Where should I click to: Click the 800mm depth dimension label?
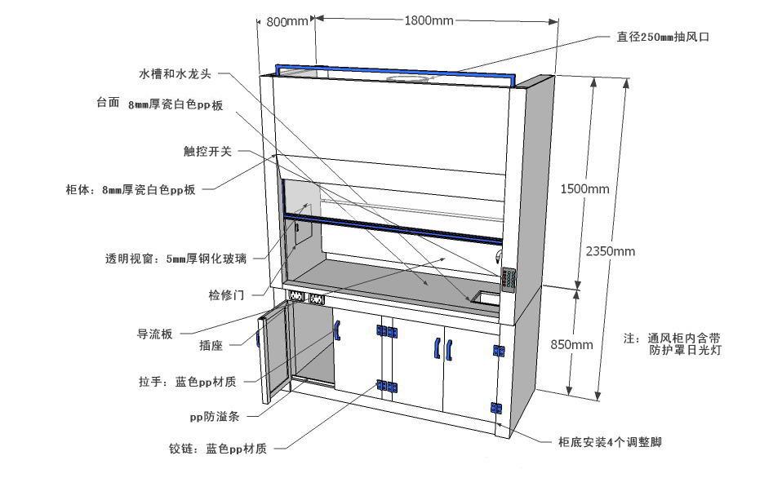[287, 22]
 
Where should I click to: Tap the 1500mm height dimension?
[584, 189]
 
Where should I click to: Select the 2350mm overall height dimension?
[610, 251]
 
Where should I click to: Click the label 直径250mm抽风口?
[657, 37]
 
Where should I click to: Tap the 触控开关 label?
[207, 152]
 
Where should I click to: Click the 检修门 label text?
[226, 294]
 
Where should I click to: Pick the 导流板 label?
[154, 334]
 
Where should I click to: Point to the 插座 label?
[211, 346]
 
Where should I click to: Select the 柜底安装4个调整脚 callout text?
[609, 442]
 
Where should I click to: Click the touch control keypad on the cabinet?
[510, 280]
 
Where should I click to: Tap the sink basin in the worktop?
[487, 298]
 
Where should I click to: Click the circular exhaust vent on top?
[411, 78]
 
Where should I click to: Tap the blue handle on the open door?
[260, 334]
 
